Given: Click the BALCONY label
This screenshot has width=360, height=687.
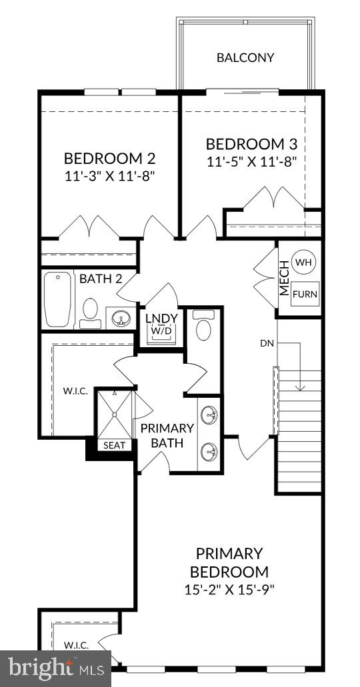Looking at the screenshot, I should pyautogui.click(x=245, y=57).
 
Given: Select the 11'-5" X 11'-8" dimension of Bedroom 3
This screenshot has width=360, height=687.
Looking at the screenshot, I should pyautogui.click(x=251, y=161).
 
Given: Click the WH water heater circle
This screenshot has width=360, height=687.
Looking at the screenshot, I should pyautogui.click(x=303, y=263).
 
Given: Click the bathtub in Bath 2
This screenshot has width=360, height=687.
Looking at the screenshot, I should pyautogui.click(x=58, y=299).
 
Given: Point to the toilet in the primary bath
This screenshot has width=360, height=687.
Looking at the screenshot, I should pyautogui.click(x=205, y=329).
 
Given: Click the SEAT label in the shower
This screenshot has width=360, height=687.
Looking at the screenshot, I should pyautogui.click(x=114, y=445).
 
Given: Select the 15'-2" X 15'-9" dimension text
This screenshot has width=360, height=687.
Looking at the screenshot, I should pyautogui.click(x=229, y=589).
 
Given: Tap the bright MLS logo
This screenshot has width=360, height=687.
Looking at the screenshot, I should pyautogui.click(x=56, y=667).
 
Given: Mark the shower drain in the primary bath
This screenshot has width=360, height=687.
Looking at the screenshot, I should pyautogui.click(x=115, y=414).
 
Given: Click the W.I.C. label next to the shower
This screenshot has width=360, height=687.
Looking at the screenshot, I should pyautogui.click(x=75, y=390).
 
